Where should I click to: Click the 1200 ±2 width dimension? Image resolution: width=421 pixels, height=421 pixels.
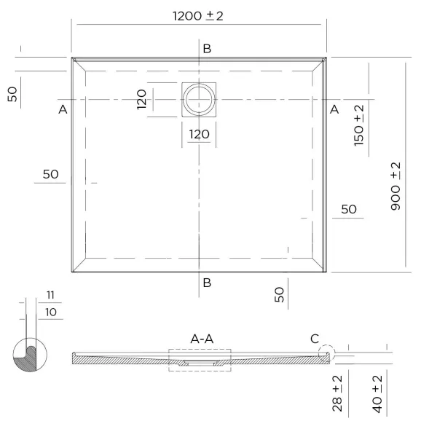198,16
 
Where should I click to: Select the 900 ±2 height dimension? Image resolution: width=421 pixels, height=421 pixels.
396,186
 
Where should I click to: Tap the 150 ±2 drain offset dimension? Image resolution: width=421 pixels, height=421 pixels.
359,125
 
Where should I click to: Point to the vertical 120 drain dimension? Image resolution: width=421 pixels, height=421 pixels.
141,99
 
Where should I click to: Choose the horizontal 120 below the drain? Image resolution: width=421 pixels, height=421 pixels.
199,134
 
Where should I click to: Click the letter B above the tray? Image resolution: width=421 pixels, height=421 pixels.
207,49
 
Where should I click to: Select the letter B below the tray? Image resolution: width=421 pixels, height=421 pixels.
207,283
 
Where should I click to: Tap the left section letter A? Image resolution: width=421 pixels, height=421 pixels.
63,109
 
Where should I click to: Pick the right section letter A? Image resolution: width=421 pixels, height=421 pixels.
334,109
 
